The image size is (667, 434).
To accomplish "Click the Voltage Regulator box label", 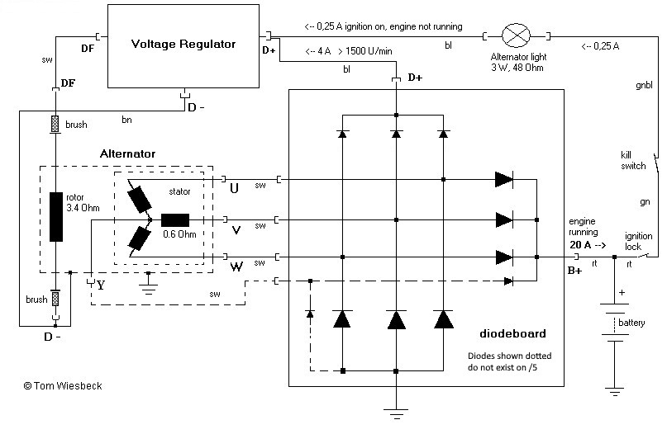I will (x=183, y=44).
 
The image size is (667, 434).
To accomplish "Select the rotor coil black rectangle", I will (x=56, y=217).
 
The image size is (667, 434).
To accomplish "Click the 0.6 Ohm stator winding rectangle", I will (x=175, y=220).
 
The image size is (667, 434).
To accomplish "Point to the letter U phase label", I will (x=234, y=189).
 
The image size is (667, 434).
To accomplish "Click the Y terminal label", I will (x=101, y=286).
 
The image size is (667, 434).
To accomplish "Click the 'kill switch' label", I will (x=632, y=160).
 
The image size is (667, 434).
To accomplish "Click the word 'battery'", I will (x=631, y=323).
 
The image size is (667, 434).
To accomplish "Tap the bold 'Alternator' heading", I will (x=127, y=153).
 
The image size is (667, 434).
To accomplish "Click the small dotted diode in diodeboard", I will (x=310, y=314).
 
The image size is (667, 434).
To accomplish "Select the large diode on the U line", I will (x=503, y=179).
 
